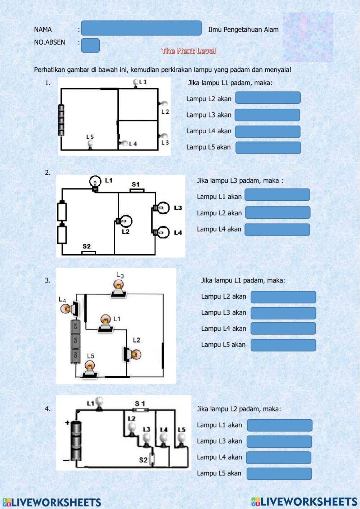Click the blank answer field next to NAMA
click(141, 28)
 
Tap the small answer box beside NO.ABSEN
click(90, 45)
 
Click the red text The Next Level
click(188, 51)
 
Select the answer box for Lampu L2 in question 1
click(268, 98)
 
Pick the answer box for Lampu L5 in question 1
click(268, 148)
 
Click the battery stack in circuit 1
click(61, 120)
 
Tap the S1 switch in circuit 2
click(137, 191)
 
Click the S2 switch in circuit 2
click(89, 253)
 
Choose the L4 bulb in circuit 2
click(161, 232)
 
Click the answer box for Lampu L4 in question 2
click(277, 229)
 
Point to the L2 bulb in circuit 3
click(132, 354)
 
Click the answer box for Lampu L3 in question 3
click(283, 313)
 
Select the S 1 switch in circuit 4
click(141, 410)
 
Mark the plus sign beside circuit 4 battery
click(67, 423)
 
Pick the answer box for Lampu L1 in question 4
click(280, 425)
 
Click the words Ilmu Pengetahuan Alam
click(243, 30)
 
